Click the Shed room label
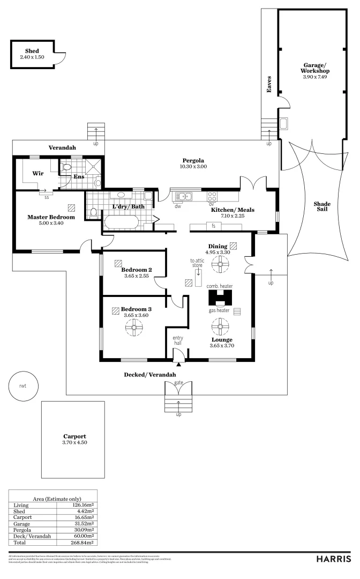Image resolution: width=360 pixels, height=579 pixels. [x=32, y=51]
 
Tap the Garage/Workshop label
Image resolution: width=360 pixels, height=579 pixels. [x=314, y=68]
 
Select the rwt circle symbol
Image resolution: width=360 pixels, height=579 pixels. [x=22, y=385]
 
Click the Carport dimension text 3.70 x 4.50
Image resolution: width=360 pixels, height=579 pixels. [x=74, y=442]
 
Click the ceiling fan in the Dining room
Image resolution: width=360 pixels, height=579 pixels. [x=219, y=264]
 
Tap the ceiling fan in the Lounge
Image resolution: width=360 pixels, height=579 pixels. [x=219, y=325]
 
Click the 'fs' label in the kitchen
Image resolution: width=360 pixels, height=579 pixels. [x=213, y=226]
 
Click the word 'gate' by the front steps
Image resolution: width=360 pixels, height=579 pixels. [x=178, y=382]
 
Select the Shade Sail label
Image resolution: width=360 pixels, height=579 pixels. [x=322, y=206]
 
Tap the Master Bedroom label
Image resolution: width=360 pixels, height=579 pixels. [x=51, y=217]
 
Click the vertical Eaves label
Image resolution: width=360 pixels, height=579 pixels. [x=270, y=84]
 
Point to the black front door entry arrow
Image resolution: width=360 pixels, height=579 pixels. [x=178, y=365]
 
